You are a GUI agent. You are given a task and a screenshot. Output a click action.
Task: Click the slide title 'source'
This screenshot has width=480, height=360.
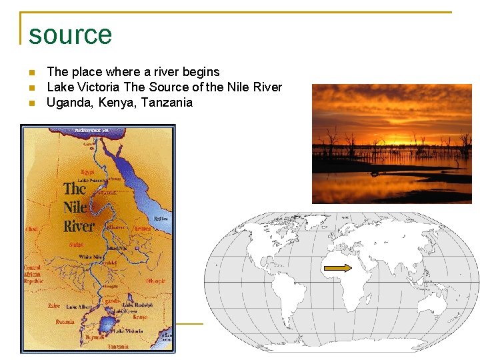click(x=70, y=34)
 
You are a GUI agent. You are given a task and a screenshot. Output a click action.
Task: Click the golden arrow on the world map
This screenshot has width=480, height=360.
click(x=337, y=268)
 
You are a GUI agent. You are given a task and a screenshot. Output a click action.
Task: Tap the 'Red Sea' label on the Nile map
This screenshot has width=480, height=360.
click(x=161, y=219)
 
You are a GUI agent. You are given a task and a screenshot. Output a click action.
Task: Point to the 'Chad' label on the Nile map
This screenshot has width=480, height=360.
click(x=31, y=229)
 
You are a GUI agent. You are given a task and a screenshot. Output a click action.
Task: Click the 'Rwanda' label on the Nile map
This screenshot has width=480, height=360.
click(x=65, y=321)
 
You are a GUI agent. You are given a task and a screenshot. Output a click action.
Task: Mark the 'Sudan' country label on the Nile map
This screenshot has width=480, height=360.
click(x=76, y=245)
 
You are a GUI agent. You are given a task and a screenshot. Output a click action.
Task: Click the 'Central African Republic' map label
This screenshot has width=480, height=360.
click(x=33, y=274)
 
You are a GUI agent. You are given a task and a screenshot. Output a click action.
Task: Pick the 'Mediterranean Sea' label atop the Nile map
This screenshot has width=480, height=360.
click(x=91, y=130)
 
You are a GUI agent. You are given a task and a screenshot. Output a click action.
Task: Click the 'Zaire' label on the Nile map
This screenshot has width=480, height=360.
click(x=54, y=306)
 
